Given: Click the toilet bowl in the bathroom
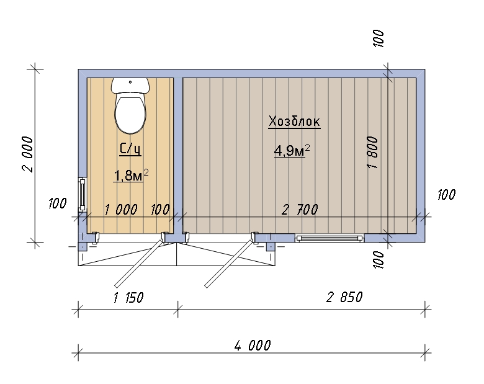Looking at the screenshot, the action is [x=130, y=113].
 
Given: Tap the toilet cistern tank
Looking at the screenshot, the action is [x=130, y=85].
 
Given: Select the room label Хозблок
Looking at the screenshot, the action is [x=294, y=122].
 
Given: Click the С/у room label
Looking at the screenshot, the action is [x=130, y=149].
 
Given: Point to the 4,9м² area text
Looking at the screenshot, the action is [x=292, y=150].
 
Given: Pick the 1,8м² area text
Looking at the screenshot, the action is [x=131, y=176].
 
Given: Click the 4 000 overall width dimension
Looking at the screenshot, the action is [x=253, y=345].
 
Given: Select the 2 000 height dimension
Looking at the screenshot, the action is [x=28, y=154].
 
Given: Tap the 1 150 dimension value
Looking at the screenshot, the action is [x=128, y=298].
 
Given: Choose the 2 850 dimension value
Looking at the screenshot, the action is [x=344, y=297].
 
